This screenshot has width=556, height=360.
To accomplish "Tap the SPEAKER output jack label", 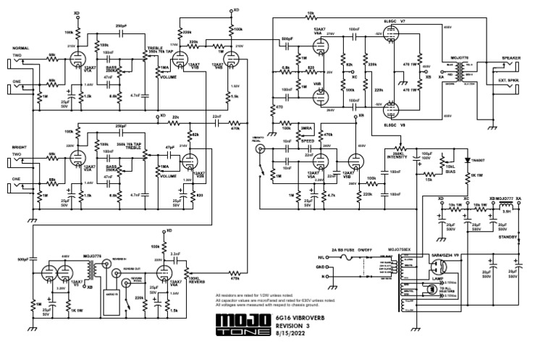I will (514, 58).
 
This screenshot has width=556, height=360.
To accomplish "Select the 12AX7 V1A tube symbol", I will (79, 55).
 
